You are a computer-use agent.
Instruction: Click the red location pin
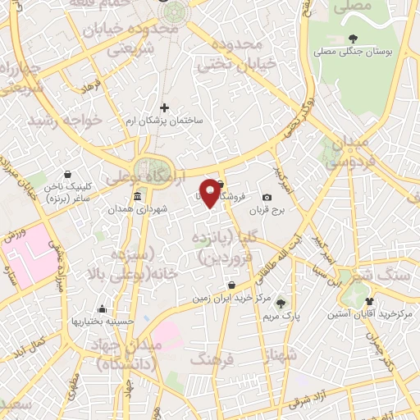(x=211, y=192)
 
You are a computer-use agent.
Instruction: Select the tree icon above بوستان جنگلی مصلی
(x=353, y=38)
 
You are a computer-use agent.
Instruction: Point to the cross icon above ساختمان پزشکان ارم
(x=164, y=107)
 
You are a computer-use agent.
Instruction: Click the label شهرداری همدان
(x=141, y=210)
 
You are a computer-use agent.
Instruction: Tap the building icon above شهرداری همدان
(x=137, y=197)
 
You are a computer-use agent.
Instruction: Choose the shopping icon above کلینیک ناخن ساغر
(x=66, y=174)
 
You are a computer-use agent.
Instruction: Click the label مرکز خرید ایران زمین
(x=232, y=299)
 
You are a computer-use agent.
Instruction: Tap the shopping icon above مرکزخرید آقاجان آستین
(x=369, y=300)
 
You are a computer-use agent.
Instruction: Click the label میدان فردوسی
(x=354, y=153)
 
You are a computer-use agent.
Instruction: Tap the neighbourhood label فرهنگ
(x=212, y=358)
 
